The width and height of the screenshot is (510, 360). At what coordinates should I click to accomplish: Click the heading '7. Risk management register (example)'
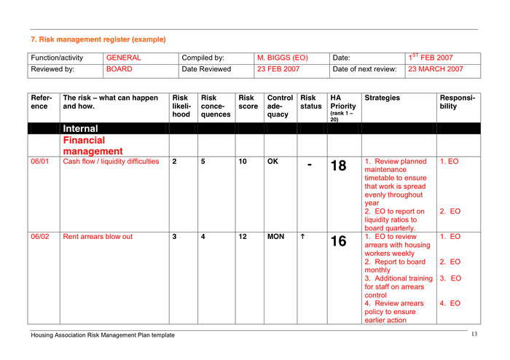pos(98,39)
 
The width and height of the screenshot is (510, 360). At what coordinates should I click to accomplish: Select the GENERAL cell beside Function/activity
pos(123,58)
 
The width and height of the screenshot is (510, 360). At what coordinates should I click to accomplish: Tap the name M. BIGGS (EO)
pos(283,58)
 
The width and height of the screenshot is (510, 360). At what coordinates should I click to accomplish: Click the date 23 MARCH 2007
pos(436,69)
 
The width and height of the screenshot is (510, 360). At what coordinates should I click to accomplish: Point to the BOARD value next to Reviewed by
pos(119,69)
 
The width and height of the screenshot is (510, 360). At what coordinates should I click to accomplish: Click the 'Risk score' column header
pos(246,102)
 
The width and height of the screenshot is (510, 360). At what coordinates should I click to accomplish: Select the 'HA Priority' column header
pos(339,102)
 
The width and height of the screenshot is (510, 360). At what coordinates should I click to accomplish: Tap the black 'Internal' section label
pos(80,129)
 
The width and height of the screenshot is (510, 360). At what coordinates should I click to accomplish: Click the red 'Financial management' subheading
pos(92,146)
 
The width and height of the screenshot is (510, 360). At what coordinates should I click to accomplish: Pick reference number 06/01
pos(39,162)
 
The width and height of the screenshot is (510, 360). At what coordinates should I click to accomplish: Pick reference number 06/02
pos(39,237)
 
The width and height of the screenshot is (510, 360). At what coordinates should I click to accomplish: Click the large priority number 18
pos(339,165)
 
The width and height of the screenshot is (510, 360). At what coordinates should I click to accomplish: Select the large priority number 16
pos(339,241)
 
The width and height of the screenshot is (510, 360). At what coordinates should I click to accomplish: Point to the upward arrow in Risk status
pos(303,237)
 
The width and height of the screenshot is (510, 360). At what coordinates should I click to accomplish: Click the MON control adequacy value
pos(276,237)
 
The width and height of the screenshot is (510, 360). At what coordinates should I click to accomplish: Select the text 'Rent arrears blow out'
pos(98,237)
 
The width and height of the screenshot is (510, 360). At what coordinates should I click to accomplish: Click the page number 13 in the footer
pos(474,334)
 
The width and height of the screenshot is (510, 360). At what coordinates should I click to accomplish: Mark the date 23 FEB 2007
pos(278,69)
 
